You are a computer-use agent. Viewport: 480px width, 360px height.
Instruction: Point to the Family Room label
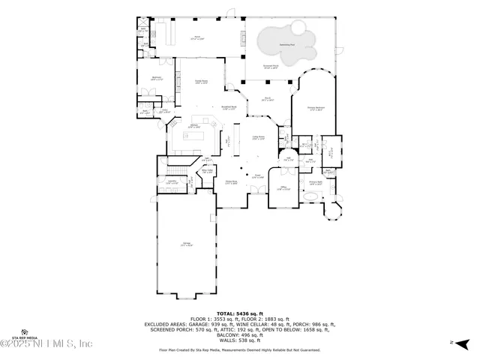point(202,81)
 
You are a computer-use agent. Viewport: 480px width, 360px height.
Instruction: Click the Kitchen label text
point(193,125)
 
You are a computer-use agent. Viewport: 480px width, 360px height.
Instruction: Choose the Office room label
point(262,188)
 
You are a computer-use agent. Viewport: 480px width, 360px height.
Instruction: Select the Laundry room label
point(172,182)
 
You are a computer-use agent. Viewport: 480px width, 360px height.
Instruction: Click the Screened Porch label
point(272,67)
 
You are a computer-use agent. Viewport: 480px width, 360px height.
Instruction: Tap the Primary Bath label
point(315,183)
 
